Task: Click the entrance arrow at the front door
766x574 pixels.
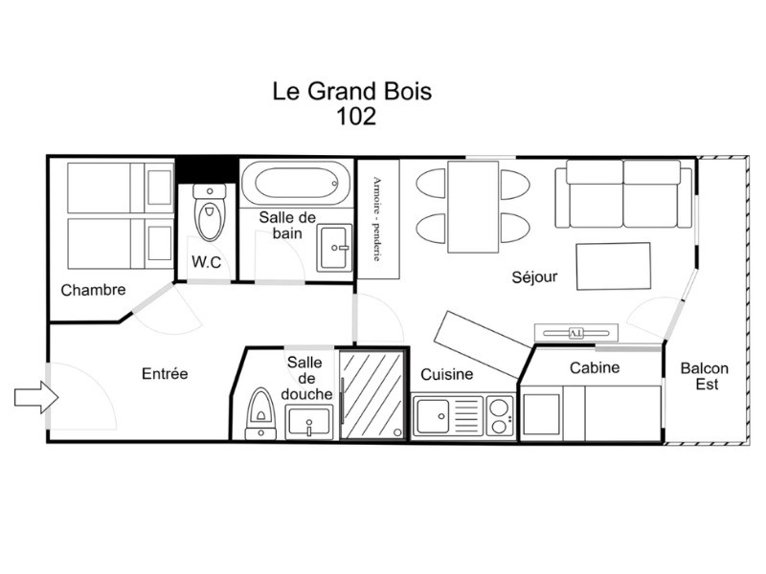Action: click(x=36, y=397)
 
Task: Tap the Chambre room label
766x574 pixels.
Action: click(x=93, y=290)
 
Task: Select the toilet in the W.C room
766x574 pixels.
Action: click(x=210, y=212)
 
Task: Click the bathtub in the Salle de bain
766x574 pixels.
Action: click(x=296, y=184)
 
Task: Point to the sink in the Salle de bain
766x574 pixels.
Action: click(x=334, y=248)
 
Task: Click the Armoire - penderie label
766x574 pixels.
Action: click(x=377, y=219)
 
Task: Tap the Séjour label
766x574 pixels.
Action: click(x=534, y=277)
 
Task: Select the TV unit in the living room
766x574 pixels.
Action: click(x=576, y=333)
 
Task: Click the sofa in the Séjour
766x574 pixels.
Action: click(x=624, y=194)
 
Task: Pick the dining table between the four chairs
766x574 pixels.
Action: click(x=473, y=207)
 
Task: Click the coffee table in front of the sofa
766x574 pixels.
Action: click(x=614, y=267)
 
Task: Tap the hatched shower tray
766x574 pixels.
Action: click(x=372, y=395)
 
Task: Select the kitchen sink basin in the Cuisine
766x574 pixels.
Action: click(x=432, y=416)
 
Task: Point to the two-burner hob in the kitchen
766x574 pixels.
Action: click(x=499, y=415)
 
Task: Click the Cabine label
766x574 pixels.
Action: click(x=595, y=367)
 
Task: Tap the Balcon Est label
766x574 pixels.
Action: click(x=705, y=376)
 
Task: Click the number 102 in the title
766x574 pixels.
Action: click(x=356, y=116)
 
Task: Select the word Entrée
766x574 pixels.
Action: click(x=165, y=373)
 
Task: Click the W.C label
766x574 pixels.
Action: click(x=206, y=262)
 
